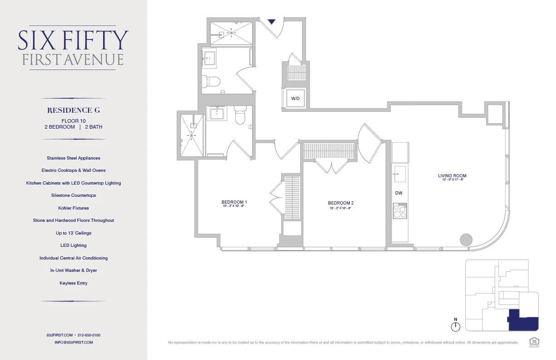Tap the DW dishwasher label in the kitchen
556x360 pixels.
pos(399,193)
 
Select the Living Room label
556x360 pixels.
pos(452,176)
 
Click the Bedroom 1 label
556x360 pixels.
pos(234,202)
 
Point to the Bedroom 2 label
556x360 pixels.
pos(341,203)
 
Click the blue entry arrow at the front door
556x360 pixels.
pos(272,21)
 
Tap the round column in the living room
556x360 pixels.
pos(466,239)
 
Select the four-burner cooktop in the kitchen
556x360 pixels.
pos(400,211)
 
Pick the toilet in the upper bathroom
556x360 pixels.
pos(212,81)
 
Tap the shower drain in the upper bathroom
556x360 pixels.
pos(232,33)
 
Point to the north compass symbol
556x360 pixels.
pos(456,325)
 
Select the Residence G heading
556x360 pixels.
pos(73,110)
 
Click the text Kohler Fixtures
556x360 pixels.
pos(73,208)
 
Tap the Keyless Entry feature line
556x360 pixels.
pos(73,283)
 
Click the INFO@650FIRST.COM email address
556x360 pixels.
pos(73,342)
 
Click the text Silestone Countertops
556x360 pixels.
pos(73,195)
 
